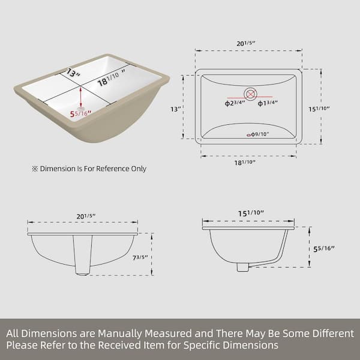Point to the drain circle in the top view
pyautogui.click(x=250, y=94)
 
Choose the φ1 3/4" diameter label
pyautogui.click(x=268, y=104)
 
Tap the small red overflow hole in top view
pyautogui.click(x=250, y=135)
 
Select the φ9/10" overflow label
pyautogui.click(x=260, y=134)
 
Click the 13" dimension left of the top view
pyautogui.click(x=175, y=109)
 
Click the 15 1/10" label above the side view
pyautogui.click(x=250, y=212)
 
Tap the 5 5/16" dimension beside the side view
pyautogui.click(x=325, y=248)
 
